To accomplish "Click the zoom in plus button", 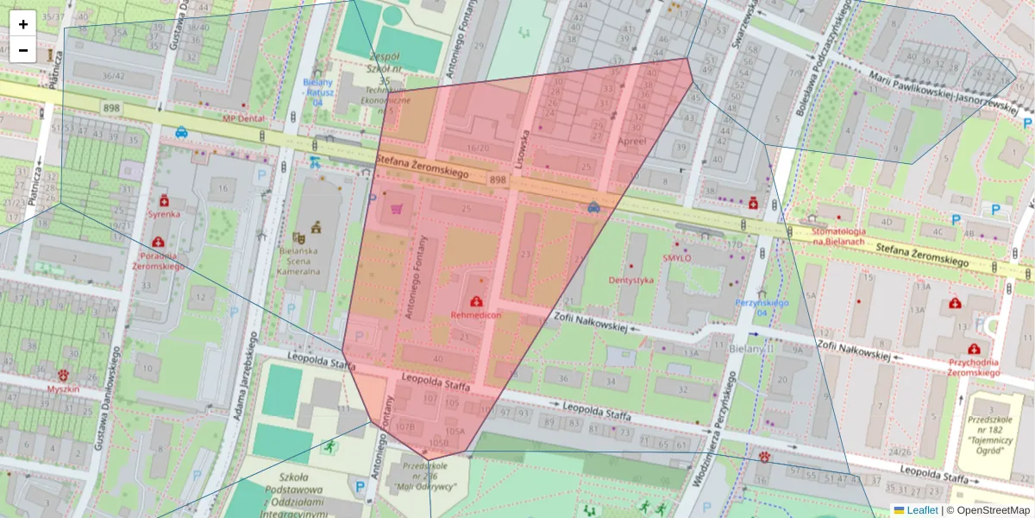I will [x=23, y=24].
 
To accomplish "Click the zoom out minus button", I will [x=23, y=50].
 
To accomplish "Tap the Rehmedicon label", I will [x=476, y=315].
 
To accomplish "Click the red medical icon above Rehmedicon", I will [x=476, y=301].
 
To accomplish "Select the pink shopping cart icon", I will [x=396, y=208].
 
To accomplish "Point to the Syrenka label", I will [x=163, y=213].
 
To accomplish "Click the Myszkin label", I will [x=64, y=389].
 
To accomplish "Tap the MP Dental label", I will [x=244, y=118].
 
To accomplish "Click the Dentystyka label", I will [x=631, y=281].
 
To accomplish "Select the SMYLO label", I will [x=677, y=257].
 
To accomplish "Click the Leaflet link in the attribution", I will [x=922, y=510].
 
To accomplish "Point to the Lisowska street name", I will [x=521, y=147].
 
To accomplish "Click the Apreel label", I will [x=632, y=140].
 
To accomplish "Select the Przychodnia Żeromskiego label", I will [x=973, y=368].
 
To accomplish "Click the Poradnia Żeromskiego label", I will [x=158, y=261].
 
